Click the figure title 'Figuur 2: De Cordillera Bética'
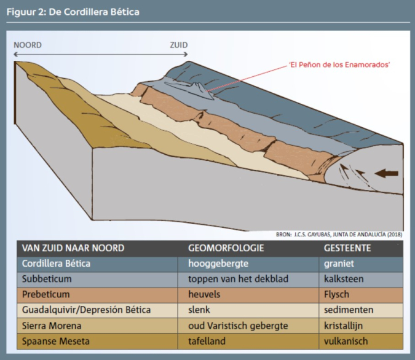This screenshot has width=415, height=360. coord(73,12)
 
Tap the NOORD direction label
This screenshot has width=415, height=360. coord(28,45)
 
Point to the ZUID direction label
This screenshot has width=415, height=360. coord(179,45)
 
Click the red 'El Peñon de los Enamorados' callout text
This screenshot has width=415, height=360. coord(339,65)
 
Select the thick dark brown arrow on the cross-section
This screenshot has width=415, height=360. coord(387,173)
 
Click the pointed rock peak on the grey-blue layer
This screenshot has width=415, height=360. coord(199,88)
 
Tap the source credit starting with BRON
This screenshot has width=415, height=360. coord(339,235)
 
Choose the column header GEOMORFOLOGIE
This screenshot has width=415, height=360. coord(226,248)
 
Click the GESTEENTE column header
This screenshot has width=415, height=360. coord(347,248)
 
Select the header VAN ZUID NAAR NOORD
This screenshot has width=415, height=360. coord(73,248)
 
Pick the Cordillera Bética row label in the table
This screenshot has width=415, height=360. coord(56,264)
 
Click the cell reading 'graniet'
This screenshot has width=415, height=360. coord(339,264)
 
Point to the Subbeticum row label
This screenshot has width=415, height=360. coord(47,279)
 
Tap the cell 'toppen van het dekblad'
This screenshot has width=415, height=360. coord(238,279)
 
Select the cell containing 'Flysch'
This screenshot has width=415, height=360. coord(336,294)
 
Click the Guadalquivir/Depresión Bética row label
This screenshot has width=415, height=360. coord(86,310)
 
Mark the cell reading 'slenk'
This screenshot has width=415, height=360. coord(199,310)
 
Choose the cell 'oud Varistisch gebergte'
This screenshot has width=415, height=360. coord(238,326)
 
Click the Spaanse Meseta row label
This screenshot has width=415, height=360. coord(55,341)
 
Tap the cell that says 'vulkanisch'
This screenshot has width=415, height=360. coord(346,341)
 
